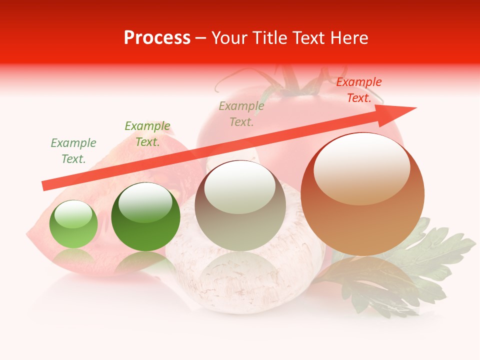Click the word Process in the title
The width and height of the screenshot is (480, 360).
(157, 38)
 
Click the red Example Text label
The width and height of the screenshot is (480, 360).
(359, 90)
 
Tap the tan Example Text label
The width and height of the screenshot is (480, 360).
(241, 114)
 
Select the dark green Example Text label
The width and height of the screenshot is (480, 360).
(147, 134)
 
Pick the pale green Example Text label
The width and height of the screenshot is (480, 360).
(73, 151)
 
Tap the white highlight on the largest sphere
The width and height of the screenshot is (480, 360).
(361, 169)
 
